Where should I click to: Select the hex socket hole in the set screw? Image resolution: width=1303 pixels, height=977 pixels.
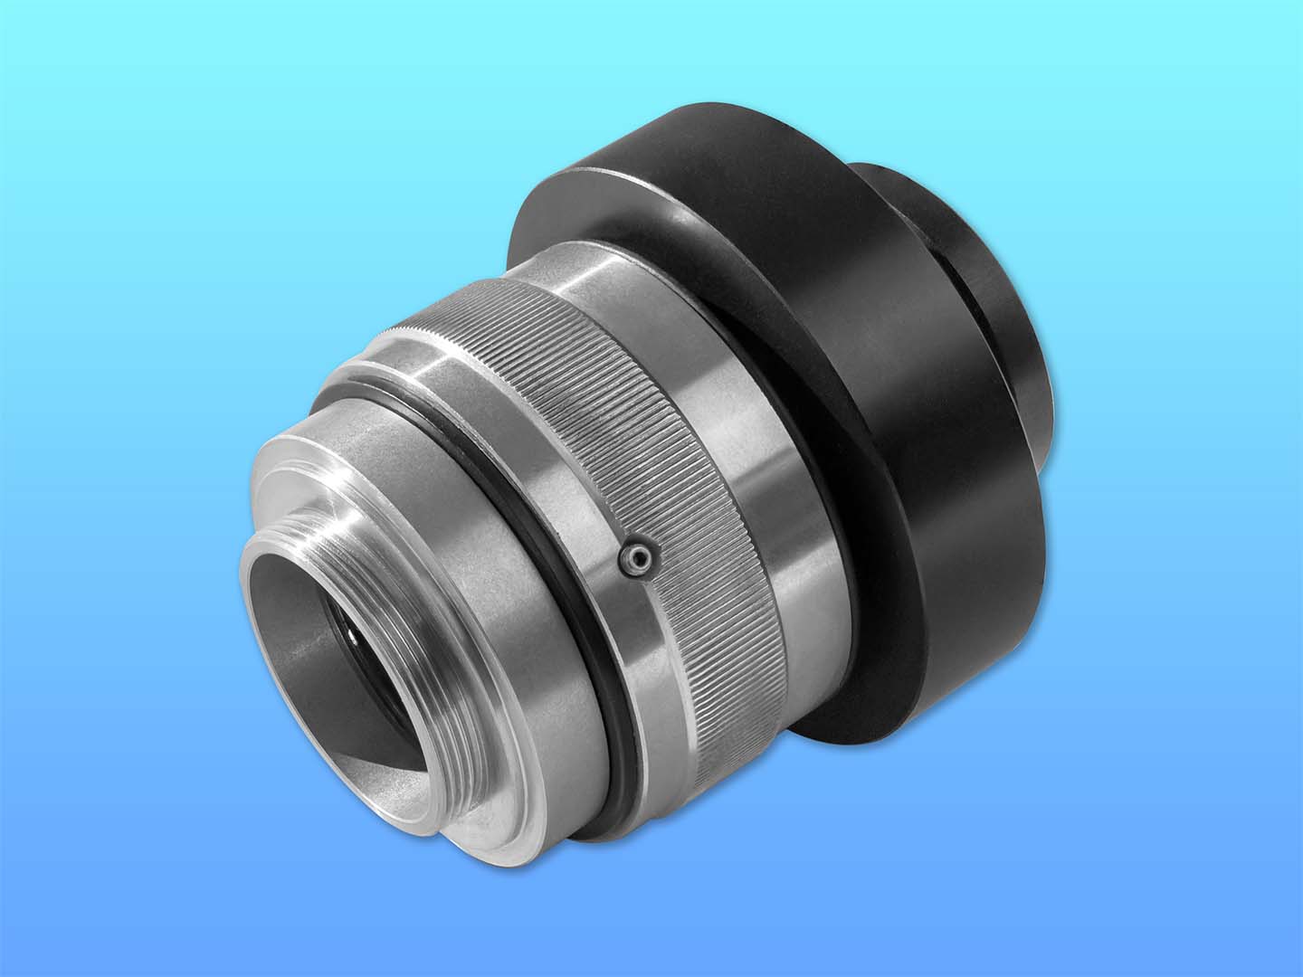[637, 562]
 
